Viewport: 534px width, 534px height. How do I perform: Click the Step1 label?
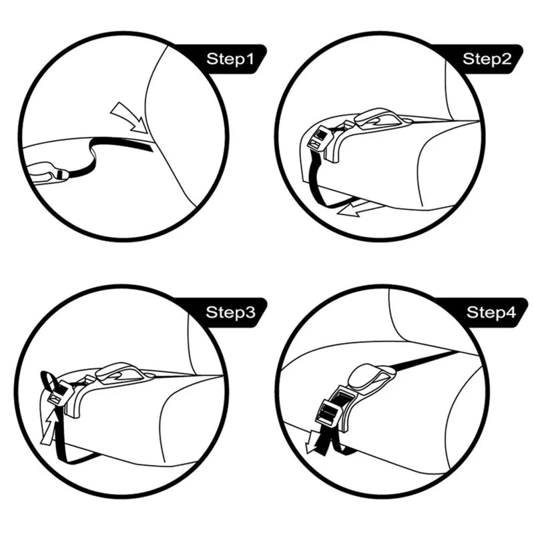pos(230,59)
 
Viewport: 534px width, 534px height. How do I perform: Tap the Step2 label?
pos(487,59)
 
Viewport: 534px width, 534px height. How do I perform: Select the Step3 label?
pos(230,312)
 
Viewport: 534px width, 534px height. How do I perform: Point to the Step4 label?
pos(491,312)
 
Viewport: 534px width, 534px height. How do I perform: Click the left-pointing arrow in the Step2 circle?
pos(358,208)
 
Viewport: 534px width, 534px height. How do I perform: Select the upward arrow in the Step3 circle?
pos(48,428)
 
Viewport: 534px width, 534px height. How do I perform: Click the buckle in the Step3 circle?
pos(58,392)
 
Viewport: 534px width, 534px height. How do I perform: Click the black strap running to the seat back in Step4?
pos(426,360)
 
